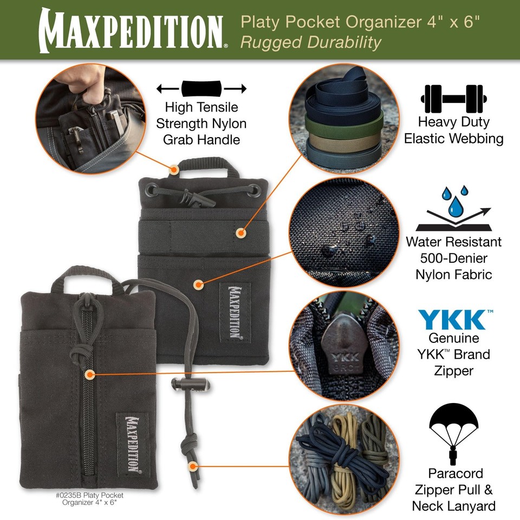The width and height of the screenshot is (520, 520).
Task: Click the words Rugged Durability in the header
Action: pyautogui.click(x=311, y=42)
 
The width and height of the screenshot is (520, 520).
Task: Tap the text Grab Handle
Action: pyautogui.click(x=201, y=140)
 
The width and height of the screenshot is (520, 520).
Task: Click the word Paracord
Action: pyautogui.click(x=454, y=473)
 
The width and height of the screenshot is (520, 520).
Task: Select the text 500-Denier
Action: pyautogui.click(x=454, y=258)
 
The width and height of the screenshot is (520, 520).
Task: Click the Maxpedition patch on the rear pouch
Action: pyautogui.click(x=235, y=312)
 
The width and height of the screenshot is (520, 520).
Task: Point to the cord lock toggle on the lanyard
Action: pyautogui.click(x=184, y=386)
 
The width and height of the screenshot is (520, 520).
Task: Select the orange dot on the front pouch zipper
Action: pyautogui.click(x=90, y=374)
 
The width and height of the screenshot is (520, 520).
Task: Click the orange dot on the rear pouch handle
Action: pyautogui.click(x=174, y=170)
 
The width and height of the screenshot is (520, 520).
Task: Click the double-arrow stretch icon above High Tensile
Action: pyautogui.click(x=201, y=88)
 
